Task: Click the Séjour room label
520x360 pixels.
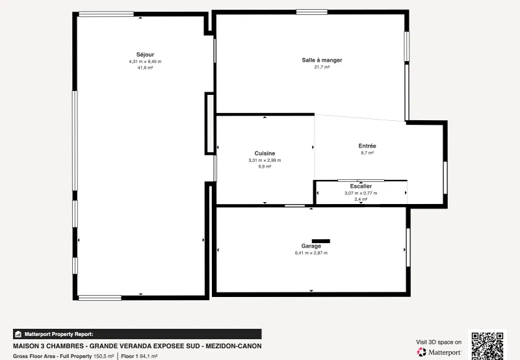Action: pos(145,54)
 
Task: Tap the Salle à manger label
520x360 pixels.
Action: pos(322,60)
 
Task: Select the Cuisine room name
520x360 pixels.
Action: pos(265,153)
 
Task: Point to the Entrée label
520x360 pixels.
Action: pos(367,146)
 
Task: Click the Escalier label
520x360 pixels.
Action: pos(361,186)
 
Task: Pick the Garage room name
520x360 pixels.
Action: pos(311,246)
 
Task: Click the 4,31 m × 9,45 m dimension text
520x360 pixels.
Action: pos(145,61)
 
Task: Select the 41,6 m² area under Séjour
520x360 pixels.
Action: pos(145,68)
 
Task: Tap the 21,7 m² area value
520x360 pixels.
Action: pos(322,67)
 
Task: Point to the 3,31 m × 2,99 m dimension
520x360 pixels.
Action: pos(265,160)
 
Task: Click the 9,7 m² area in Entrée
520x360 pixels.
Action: pos(367,153)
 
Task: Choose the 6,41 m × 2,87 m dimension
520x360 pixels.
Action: pos(311,253)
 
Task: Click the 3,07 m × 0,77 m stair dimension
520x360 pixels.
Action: pos(361,193)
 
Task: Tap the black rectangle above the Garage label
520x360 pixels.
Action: pos(320,240)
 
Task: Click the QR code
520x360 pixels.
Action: pos(487,346)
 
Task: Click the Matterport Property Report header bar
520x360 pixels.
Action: pos(136,334)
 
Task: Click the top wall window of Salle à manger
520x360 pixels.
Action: pos(311,12)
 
